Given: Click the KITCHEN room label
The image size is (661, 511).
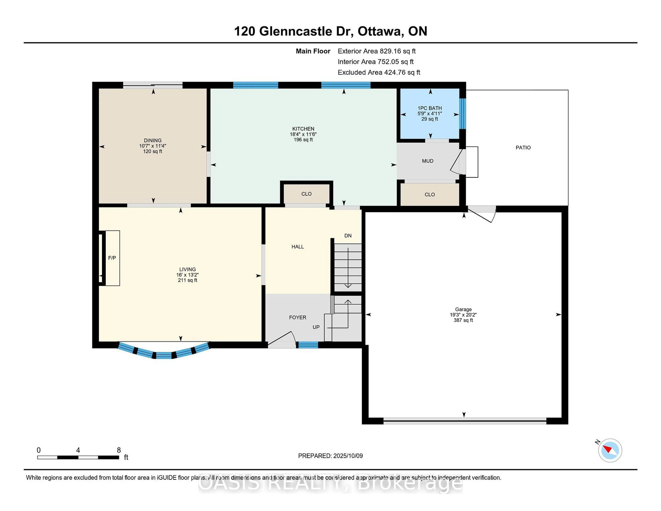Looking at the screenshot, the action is tap(303, 129).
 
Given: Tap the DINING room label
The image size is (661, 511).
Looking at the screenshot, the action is tap(153, 140).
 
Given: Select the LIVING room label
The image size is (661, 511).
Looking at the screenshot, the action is tap(187, 269).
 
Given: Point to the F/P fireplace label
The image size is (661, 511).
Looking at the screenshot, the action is tap(112, 258).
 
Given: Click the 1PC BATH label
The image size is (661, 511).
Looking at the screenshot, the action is tap(430, 108).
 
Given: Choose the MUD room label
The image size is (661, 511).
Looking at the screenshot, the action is tap(428, 161).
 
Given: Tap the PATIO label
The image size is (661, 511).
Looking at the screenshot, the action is tap(523, 148).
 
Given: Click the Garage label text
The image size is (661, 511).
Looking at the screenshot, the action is tap(463, 309).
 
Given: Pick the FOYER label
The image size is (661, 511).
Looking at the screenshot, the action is tap(297, 317).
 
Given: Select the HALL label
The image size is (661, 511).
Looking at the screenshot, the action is tap(297, 247).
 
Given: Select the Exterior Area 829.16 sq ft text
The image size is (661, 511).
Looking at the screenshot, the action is tap(377, 51).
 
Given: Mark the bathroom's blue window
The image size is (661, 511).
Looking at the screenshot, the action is tap(463, 113).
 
